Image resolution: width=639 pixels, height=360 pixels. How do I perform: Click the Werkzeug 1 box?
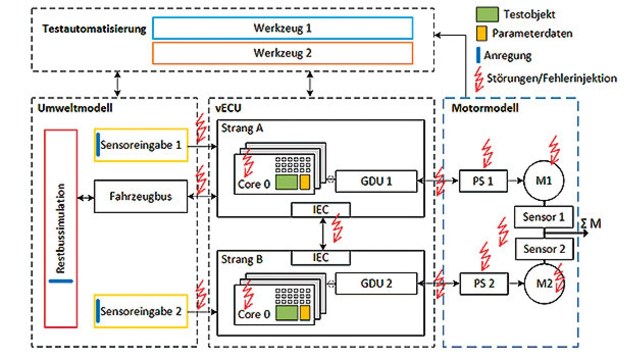(x=283, y=28)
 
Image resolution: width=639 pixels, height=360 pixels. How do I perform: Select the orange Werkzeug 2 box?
(x=283, y=53)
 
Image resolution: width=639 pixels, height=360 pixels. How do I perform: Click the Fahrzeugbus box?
(x=140, y=196)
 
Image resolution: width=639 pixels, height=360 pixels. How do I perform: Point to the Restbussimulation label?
(x=60, y=229)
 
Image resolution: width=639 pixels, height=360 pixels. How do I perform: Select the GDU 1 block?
(x=376, y=181)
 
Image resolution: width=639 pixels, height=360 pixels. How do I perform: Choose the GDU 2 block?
(x=376, y=284)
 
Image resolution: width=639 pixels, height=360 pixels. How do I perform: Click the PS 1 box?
(x=483, y=181)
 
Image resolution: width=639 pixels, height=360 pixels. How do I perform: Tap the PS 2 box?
(x=483, y=284)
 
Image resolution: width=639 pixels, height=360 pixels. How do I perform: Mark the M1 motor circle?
(x=544, y=181)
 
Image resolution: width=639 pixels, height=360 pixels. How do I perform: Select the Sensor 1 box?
(x=544, y=217)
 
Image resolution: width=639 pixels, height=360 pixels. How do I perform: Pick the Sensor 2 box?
(x=544, y=249)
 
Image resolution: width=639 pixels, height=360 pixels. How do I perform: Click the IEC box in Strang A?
(x=320, y=209)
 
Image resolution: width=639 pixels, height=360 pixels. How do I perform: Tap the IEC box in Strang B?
(x=320, y=257)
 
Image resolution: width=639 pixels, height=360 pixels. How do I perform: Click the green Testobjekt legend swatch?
(x=487, y=14)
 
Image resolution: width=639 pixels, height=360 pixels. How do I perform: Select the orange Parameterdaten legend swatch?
(x=481, y=33)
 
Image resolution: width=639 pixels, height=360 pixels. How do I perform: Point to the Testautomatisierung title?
(x=94, y=29)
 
